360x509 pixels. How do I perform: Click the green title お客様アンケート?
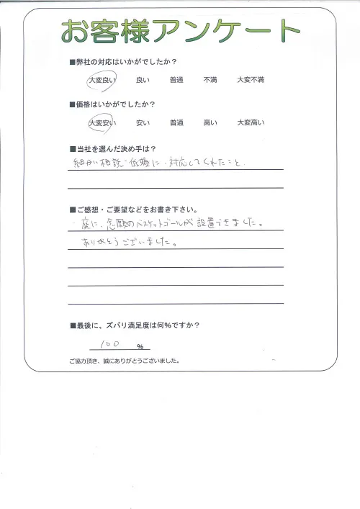pyautogui.click(x=180, y=31)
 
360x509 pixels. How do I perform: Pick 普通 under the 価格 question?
pyautogui.click(x=177, y=123)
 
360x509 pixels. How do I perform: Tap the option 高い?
pyautogui.click(x=212, y=123)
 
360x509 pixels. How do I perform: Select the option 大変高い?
pyautogui.click(x=251, y=123)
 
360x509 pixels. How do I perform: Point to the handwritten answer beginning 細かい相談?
pyautogui.click(x=158, y=163)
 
